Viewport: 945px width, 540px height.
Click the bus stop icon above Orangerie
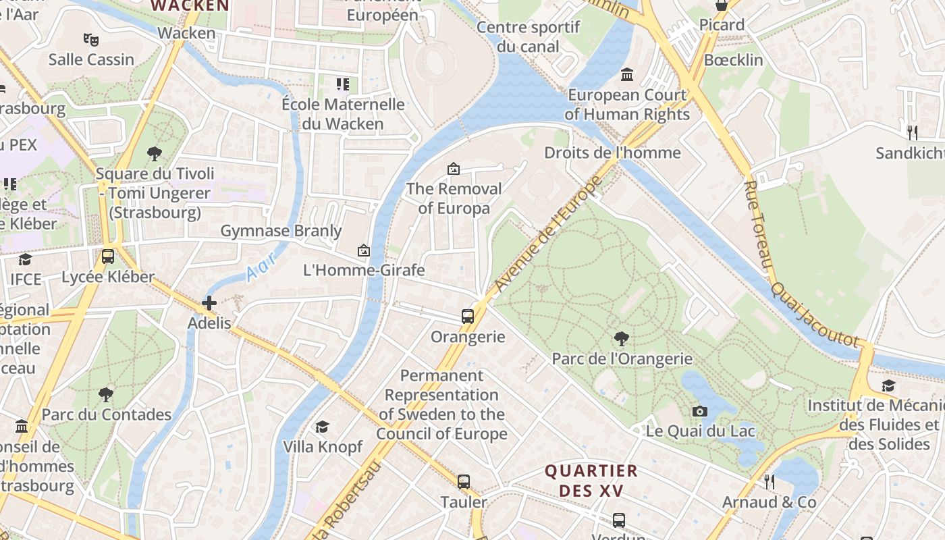pos(467,316)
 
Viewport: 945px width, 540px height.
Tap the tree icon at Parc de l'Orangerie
pos(621,338)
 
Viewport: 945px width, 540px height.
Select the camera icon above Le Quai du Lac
pos(700,411)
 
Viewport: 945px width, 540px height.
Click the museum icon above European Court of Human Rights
pos(627,74)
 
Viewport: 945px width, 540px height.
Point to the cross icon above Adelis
pos(209,303)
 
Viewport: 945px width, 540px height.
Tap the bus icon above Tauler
pos(463,482)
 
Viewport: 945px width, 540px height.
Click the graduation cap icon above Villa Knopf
pos(323,427)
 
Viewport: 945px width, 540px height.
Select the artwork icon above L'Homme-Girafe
pos(364,250)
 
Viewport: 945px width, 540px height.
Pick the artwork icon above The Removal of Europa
pos(453,169)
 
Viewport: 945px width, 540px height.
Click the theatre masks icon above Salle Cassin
pos(90,39)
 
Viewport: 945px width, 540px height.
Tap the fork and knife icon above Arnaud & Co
pos(768,482)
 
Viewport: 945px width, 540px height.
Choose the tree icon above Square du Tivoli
pos(155,153)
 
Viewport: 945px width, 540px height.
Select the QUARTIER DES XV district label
pos(591,481)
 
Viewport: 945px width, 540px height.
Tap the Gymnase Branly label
pos(281,231)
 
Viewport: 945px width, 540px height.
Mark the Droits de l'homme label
pos(612,153)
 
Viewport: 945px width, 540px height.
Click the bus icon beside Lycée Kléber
pos(107,256)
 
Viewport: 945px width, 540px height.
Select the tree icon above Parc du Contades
pos(105,394)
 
